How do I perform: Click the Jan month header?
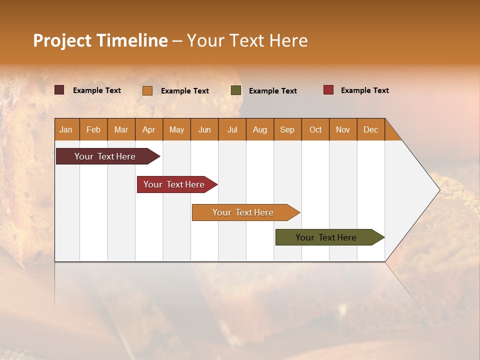[x=66, y=129]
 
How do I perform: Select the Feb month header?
[x=93, y=129]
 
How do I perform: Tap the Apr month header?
[x=149, y=129]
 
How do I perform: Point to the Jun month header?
[x=204, y=129]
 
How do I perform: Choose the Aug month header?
[x=260, y=129]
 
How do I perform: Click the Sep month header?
[x=287, y=129]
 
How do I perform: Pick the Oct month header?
[x=315, y=129]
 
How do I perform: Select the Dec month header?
[x=371, y=129]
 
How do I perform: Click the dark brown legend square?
[x=59, y=90]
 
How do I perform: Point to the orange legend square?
[x=147, y=90]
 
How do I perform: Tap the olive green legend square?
[x=236, y=90]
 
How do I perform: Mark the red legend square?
[x=328, y=90]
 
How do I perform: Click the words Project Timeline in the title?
[x=100, y=40]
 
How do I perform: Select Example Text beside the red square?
[x=364, y=90]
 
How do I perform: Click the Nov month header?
[x=343, y=129]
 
